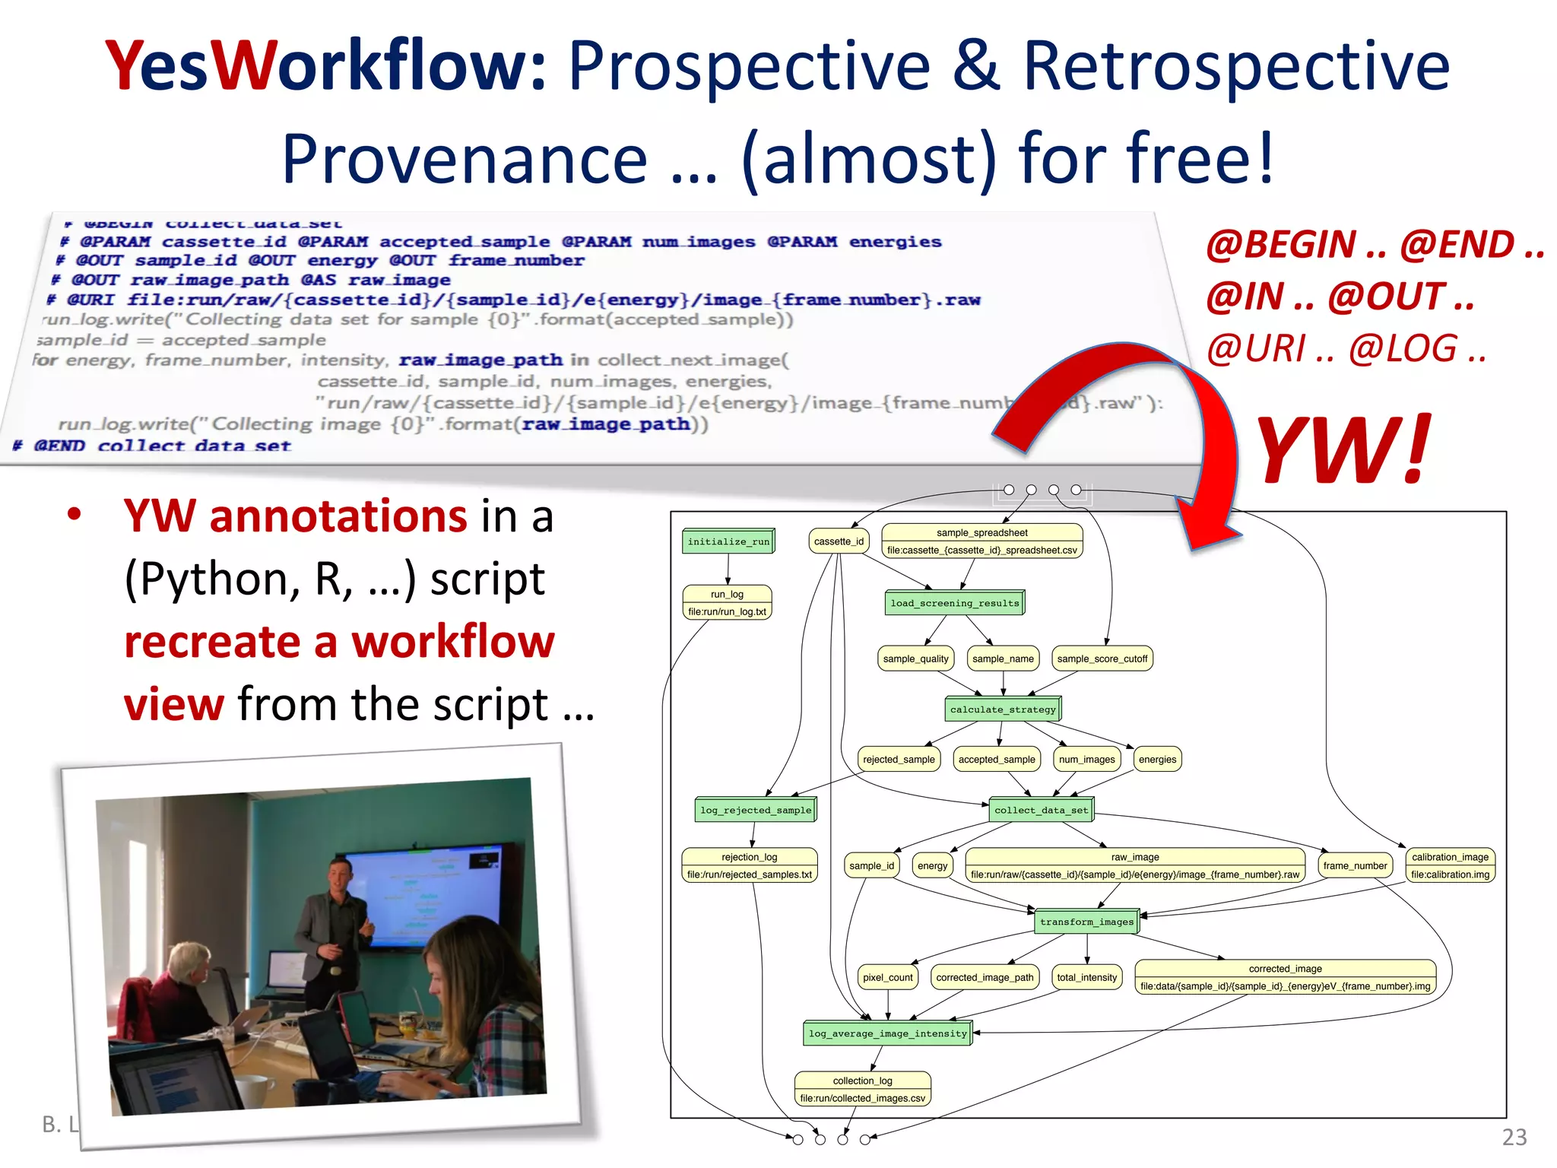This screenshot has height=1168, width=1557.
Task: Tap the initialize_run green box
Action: coord(728,541)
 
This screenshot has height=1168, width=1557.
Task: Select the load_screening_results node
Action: coord(954,603)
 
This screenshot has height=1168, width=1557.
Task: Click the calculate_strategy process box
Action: coord(1002,709)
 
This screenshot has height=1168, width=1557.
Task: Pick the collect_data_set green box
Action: coord(1041,811)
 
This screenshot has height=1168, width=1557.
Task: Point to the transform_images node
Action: coord(1086,922)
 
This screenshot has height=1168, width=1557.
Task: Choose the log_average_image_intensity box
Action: coord(887,1033)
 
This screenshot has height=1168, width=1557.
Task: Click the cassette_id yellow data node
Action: coord(839,541)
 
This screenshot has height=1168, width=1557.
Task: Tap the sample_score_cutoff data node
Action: coord(1102,659)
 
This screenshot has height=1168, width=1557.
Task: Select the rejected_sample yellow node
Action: coord(899,759)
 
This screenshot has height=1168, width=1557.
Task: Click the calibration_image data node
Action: coord(1450,865)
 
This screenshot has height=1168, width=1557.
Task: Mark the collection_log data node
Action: coord(862,1089)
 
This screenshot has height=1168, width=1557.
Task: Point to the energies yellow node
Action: coord(1157,759)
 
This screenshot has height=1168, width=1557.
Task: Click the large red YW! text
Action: coord(1343,450)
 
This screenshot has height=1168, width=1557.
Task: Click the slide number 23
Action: coord(1514,1137)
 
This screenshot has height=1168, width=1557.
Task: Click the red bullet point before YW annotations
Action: coord(74,515)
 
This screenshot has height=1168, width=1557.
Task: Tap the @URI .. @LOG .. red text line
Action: coord(1346,349)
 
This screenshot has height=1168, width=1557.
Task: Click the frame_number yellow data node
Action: coord(1354,865)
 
